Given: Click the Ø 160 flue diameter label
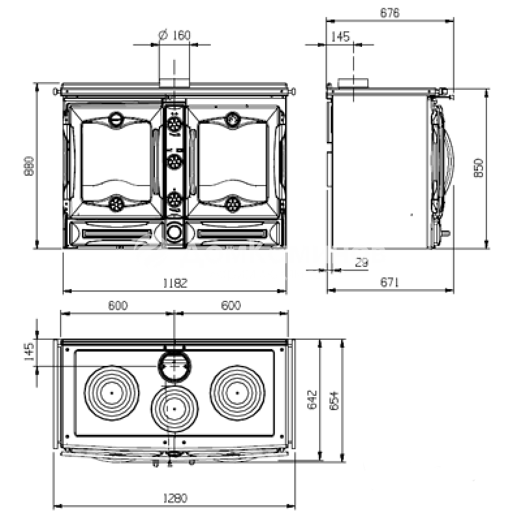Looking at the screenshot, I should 174,35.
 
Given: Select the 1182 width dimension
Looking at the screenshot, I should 174,283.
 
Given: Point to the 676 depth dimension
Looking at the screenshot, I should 389,12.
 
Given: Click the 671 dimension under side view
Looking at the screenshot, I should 389,282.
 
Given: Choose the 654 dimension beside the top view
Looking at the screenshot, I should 333,398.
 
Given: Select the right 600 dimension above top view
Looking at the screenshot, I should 230,305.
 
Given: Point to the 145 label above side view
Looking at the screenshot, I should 340,36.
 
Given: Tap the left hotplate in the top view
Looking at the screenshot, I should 112,393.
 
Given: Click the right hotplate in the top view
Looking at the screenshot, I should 237,393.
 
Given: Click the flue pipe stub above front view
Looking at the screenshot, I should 174,74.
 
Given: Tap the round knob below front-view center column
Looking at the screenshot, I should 174,232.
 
